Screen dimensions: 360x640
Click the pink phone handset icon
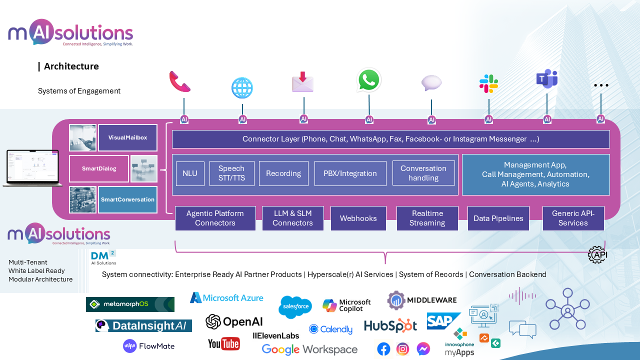point(180,81)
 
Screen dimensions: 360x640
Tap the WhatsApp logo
point(369,80)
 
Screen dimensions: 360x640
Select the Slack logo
point(488,83)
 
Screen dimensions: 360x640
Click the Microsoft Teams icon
point(546,79)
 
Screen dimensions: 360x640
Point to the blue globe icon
point(242,88)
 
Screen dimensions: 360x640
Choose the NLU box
point(190,173)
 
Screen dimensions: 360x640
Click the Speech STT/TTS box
point(231,173)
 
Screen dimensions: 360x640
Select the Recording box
point(283,173)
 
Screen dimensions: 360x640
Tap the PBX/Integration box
point(350,173)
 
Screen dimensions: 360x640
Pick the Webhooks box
point(358,218)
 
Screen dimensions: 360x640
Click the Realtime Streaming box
point(427,218)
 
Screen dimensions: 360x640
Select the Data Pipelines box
point(498,218)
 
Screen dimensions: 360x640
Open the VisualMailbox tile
point(127,137)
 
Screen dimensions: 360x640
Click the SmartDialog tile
point(99,168)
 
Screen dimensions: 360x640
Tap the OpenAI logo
point(234,322)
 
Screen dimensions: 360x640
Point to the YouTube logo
point(223,343)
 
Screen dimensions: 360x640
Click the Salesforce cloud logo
point(295,306)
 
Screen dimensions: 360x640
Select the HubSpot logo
point(390,326)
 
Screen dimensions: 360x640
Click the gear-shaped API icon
point(597,254)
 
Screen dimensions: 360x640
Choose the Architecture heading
point(71,66)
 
